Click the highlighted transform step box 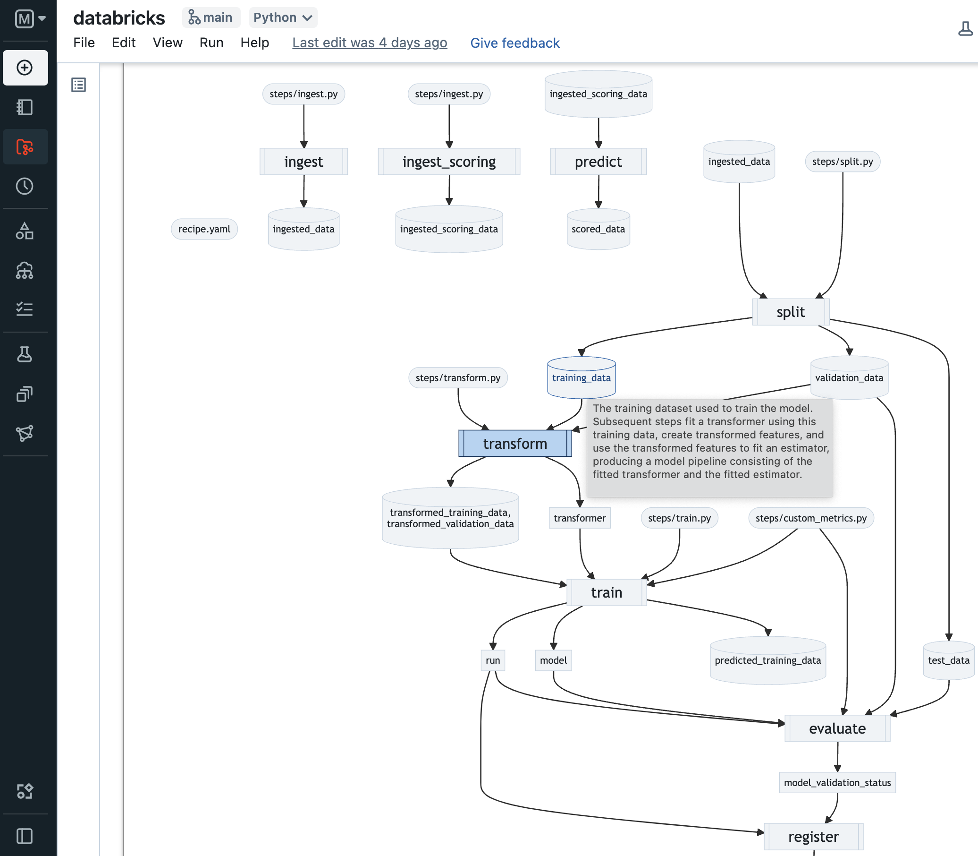[514, 444]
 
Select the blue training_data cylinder [581, 378]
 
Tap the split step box [791, 312]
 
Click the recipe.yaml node [204, 229]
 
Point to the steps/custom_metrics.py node [810, 518]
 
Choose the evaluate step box [837, 728]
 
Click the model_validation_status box [837, 782]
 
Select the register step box [813, 837]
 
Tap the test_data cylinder [948, 660]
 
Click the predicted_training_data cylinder [767, 660]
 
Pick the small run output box [493, 660]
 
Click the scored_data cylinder [598, 229]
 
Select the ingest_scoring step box [449, 162]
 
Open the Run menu [211, 43]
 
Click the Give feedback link [514, 43]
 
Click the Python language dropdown [283, 17]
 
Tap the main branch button [211, 17]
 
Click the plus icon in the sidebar [25, 68]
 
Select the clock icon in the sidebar [25, 186]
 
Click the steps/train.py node [679, 518]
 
